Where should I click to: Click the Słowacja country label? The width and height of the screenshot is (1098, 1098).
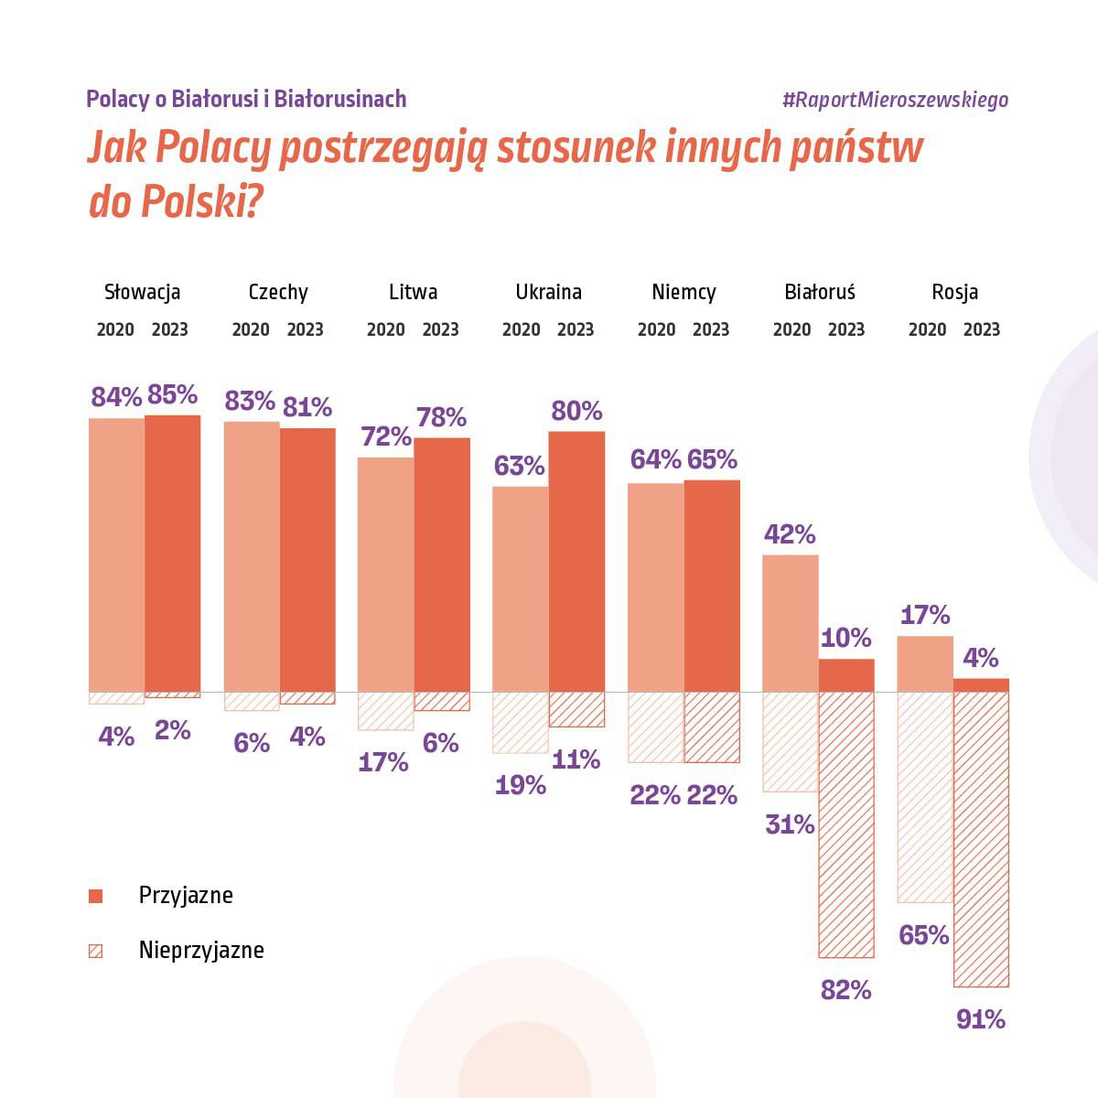point(142,292)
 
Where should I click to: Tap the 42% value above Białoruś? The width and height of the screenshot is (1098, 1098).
point(790,534)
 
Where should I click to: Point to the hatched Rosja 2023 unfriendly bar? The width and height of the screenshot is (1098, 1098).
point(981,838)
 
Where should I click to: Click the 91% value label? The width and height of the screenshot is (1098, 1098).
point(981,1019)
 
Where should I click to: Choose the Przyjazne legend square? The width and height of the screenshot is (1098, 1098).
point(95,896)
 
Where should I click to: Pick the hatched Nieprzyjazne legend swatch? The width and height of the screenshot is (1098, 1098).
point(95,951)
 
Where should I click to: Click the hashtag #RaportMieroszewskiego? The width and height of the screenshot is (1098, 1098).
point(895,100)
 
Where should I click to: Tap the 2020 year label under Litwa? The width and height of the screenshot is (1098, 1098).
point(386,329)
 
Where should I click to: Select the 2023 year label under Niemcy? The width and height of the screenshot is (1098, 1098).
point(711,329)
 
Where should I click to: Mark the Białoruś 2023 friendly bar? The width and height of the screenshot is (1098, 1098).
point(846,675)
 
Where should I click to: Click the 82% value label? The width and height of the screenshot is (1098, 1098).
point(846,990)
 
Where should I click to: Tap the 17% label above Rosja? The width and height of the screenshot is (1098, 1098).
point(925,615)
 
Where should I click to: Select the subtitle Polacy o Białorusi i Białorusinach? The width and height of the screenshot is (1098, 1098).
point(246,99)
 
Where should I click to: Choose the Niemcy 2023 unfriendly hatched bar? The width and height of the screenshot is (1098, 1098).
point(712,727)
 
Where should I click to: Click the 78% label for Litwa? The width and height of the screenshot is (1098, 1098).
point(441,417)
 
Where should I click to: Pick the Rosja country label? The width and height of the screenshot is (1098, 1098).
point(954,292)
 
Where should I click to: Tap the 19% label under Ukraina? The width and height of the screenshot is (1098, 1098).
point(521,785)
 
